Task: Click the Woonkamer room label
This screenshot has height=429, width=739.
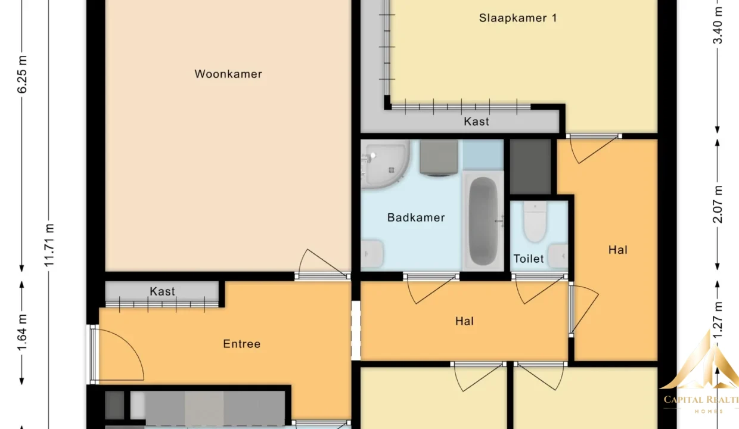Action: pyautogui.click(x=228, y=74)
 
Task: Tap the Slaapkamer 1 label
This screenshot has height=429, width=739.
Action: pyautogui.click(x=518, y=18)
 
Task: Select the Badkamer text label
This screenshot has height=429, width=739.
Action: pyautogui.click(x=416, y=217)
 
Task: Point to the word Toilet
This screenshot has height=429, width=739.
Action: pyautogui.click(x=529, y=259)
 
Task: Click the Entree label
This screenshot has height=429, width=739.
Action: pyautogui.click(x=242, y=344)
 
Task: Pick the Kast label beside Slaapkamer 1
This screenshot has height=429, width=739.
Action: pyautogui.click(x=476, y=122)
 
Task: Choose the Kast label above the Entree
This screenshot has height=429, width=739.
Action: pyautogui.click(x=162, y=291)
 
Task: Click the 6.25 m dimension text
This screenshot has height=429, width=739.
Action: pyautogui.click(x=22, y=74)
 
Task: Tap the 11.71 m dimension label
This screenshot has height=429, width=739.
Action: pyautogui.click(x=49, y=245)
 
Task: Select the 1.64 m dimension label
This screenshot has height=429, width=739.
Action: pyautogui.click(x=22, y=332)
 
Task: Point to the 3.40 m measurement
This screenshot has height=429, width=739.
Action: pyautogui.click(x=718, y=26)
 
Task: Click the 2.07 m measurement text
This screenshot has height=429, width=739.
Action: pyautogui.click(x=718, y=204)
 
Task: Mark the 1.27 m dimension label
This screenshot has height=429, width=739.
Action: pyautogui.click(x=718, y=320)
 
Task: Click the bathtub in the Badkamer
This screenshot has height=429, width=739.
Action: pyautogui.click(x=483, y=221)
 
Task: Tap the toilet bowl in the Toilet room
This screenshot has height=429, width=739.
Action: pyautogui.click(x=535, y=222)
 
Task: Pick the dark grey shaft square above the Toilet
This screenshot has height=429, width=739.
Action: pyautogui.click(x=530, y=167)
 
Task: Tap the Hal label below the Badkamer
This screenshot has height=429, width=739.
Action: pyautogui.click(x=464, y=321)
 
